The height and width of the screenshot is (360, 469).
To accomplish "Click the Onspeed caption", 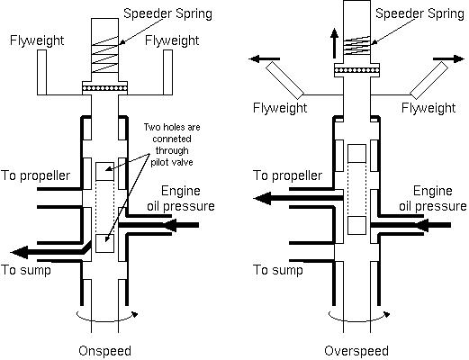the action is (104, 351).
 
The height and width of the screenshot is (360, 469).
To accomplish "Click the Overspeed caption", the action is (356, 351).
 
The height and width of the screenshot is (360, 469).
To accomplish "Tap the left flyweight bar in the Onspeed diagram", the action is (42, 72).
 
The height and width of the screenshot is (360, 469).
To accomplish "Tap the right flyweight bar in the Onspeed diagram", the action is (167, 72).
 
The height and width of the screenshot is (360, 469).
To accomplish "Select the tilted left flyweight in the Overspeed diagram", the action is (285, 80).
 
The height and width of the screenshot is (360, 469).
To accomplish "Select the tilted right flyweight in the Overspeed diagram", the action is (429, 80).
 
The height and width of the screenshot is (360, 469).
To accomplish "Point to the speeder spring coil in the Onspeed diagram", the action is (104, 54).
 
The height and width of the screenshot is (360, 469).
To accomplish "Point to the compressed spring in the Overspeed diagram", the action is (356, 46).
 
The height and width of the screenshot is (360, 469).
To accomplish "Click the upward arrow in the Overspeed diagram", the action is (334, 43).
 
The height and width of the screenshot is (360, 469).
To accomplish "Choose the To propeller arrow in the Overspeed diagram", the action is (298, 198).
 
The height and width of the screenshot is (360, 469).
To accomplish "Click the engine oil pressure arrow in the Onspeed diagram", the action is (159, 225).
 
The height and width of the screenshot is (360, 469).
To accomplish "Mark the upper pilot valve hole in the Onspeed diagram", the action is (104, 171).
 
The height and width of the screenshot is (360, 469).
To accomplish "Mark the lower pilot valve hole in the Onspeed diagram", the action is (104, 243).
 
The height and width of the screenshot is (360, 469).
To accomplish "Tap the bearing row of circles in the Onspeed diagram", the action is (104, 88).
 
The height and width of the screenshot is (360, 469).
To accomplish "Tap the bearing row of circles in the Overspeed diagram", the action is (356, 70).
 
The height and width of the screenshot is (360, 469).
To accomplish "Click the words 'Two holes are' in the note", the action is (172, 127).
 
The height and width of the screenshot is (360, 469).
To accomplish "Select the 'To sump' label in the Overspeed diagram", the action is (278, 270).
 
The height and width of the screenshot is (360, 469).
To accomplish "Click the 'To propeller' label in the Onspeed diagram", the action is (35, 175).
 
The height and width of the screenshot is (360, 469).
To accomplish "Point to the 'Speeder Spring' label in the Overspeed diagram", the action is (419, 13).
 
